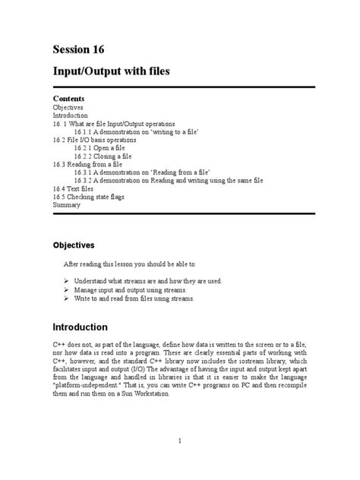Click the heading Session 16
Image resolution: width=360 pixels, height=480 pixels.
pos(78,50)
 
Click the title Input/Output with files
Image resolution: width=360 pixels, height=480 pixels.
pos(110,72)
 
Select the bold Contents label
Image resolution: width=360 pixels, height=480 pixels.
pos(68,99)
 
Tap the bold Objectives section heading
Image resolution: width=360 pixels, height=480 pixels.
pos(74,245)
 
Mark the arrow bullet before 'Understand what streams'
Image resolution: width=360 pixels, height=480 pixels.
pos(66,281)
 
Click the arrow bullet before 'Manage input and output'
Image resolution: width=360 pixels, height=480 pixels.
pos(66,290)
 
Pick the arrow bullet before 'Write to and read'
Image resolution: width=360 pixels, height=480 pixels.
pos(66,299)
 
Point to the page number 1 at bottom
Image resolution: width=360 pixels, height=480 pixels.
pos(179,441)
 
